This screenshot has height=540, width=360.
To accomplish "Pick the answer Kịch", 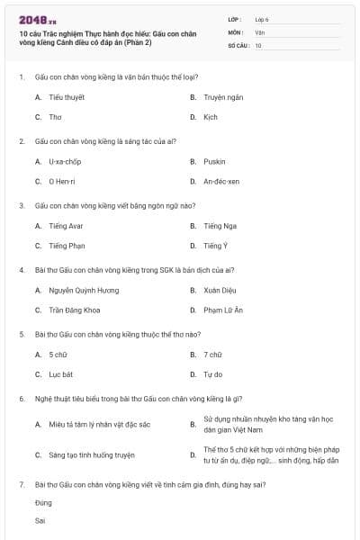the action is (x=211, y=117).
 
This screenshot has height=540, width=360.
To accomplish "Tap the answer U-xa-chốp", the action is (x=65, y=161).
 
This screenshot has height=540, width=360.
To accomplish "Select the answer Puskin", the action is (x=214, y=161).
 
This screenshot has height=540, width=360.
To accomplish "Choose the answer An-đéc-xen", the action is (x=221, y=182).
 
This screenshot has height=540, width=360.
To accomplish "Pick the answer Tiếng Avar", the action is (x=66, y=226).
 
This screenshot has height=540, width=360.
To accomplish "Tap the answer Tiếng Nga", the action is (x=219, y=226).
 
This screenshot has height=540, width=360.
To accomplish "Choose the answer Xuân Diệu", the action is (x=219, y=291).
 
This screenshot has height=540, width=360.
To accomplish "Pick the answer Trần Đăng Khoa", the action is (x=75, y=310).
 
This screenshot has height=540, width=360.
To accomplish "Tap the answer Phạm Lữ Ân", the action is (x=223, y=310).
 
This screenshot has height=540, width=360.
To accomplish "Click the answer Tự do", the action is (x=212, y=374).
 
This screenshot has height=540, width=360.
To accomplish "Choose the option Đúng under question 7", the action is (x=43, y=502).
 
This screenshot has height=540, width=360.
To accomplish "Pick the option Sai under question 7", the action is (x=40, y=520).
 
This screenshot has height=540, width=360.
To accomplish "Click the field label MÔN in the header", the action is (x=235, y=31).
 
